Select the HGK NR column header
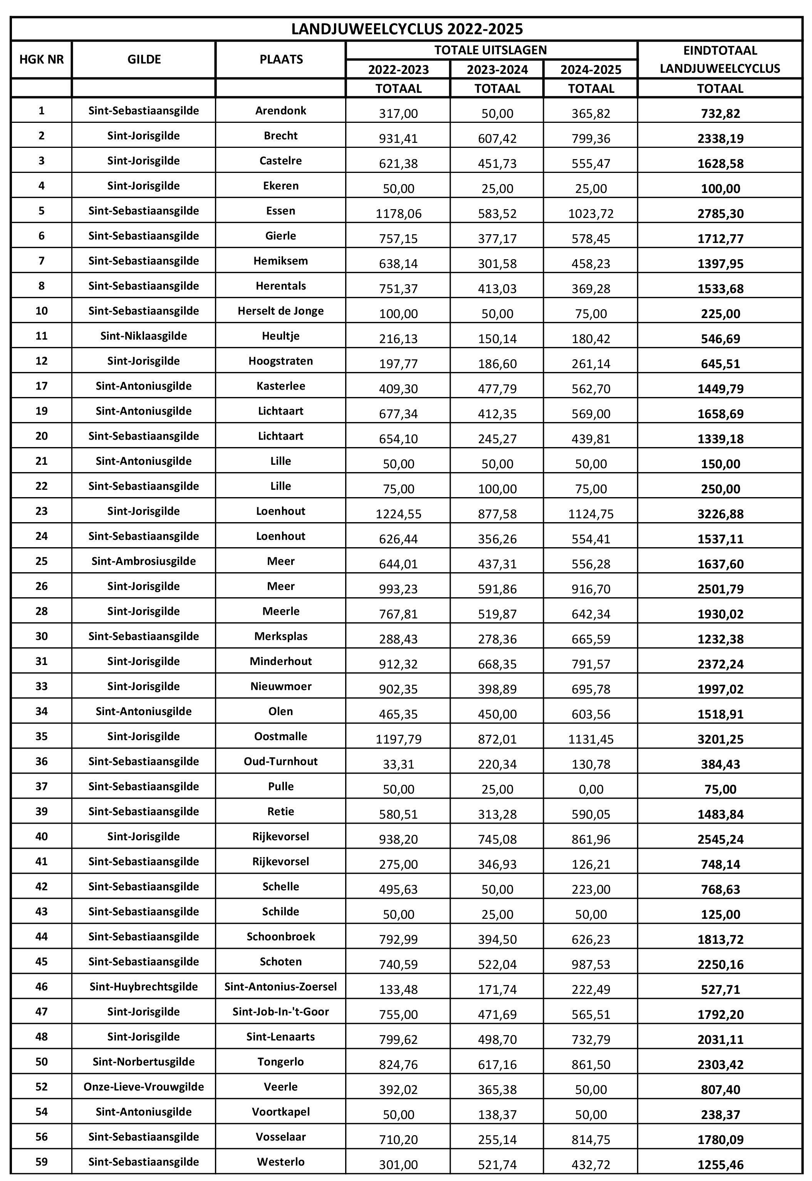click(41, 60)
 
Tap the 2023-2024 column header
click(497, 70)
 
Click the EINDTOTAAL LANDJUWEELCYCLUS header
click(720, 60)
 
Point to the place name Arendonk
click(280, 111)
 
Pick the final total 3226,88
click(720, 514)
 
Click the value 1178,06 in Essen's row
click(398, 214)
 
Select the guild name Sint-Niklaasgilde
click(143, 336)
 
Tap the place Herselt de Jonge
click(280, 311)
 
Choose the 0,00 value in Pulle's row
click(591, 789)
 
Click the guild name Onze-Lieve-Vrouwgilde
click(143, 1087)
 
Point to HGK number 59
click(41, 1162)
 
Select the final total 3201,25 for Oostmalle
click(720, 739)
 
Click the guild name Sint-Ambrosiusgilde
click(143, 561)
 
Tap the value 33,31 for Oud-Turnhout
click(398, 764)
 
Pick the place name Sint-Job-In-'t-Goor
click(280, 1012)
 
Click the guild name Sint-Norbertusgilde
click(143, 1062)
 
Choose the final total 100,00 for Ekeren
click(720, 189)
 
